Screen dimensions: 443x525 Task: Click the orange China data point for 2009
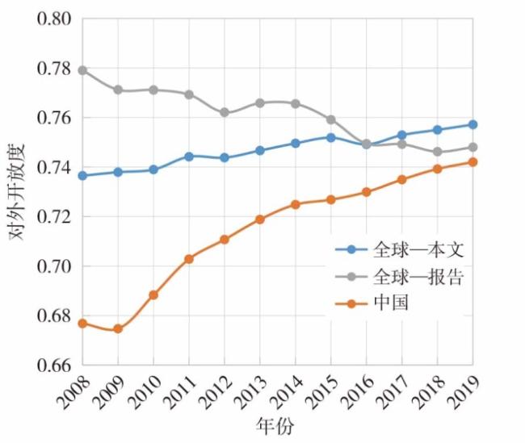(x=118, y=328)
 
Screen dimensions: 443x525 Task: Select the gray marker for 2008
(x=82, y=70)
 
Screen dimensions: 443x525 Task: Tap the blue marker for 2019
(x=472, y=125)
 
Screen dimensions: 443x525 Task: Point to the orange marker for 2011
(x=189, y=259)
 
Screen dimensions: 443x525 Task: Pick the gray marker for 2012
(x=225, y=113)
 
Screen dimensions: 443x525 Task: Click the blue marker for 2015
(x=331, y=137)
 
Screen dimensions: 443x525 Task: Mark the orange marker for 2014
(x=296, y=204)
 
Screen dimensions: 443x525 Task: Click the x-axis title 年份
(x=276, y=428)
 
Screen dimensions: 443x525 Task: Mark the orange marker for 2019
(x=472, y=162)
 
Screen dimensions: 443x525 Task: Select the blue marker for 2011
(x=189, y=156)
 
